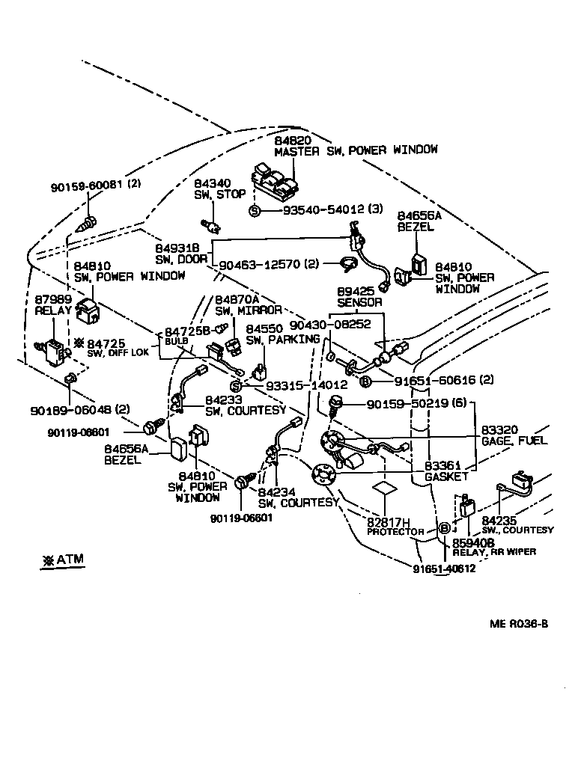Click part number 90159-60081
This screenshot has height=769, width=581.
tap(88, 186)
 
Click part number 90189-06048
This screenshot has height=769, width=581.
tap(70, 410)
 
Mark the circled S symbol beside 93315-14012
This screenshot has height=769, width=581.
tap(234, 385)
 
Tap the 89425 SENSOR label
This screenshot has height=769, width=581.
tap(359, 297)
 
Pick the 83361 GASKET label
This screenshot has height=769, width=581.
tap(447, 471)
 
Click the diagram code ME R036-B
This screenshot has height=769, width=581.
tap(519, 623)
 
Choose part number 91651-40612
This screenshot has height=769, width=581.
tap(444, 569)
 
